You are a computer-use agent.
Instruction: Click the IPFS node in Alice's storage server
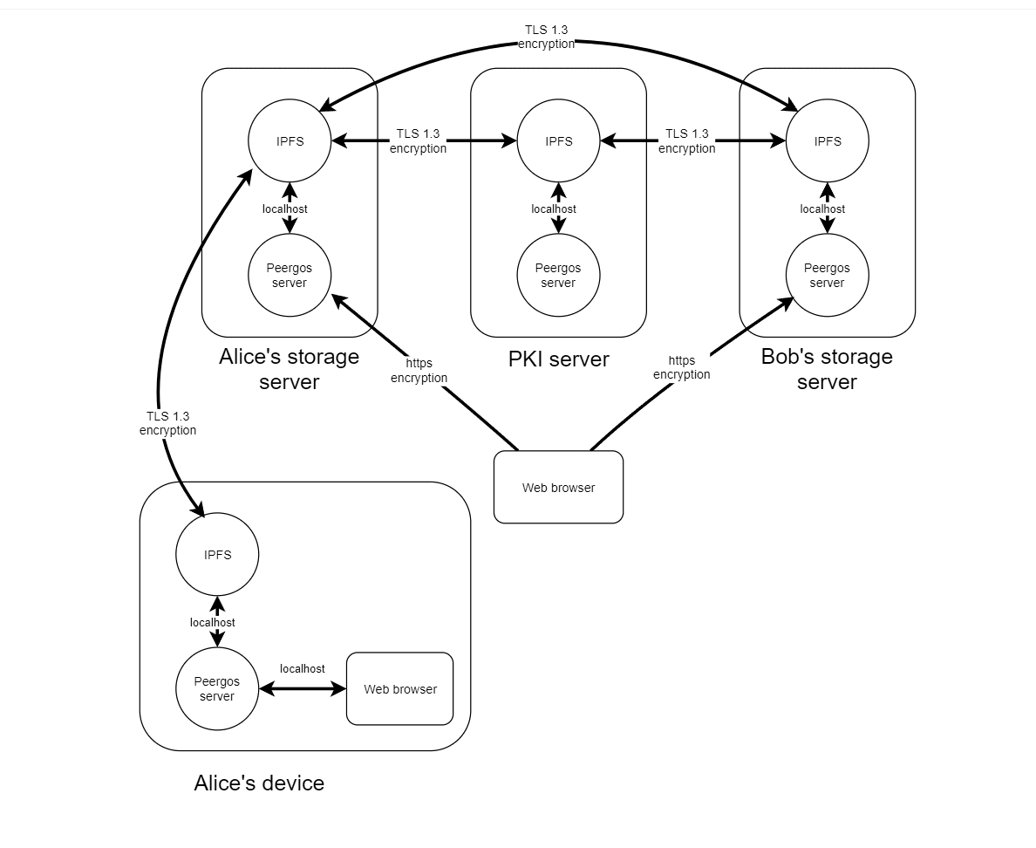pyautogui.click(x=290, y=141)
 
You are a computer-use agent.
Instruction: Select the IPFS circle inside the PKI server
pyautogui.click(x=558, y=141)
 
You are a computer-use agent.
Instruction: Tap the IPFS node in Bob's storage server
pyautogui.click(x=827, y=141)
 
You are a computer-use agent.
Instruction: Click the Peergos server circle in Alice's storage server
pyautogui.click(x=290, y=276)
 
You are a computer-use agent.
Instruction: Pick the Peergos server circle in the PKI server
pyautogui.click(x=558, y=276)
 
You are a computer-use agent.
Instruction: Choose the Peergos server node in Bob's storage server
pyautogui.click(x=827, y=276)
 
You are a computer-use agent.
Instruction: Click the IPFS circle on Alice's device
pyautogui.click(x=217, y=555)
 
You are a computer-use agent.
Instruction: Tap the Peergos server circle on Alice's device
pyautogui.click(x=217, y=689)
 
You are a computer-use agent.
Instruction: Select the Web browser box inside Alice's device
pyautogui.click(x=400, y=689)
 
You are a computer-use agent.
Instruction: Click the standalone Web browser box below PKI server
pyautogui.click(x=558, y=488)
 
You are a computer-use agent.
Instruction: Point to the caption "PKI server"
pyautogui.click(x=558, y=359)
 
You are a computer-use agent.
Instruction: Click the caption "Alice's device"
pyautogui.click(x=259, y=783)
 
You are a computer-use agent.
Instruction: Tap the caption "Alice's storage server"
pyautogui.click(x=290, y=369)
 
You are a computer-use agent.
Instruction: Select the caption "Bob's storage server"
pyautogui.click(x=827, y=369)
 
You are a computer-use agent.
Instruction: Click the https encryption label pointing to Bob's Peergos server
pyautogui.click(x=682, y=367)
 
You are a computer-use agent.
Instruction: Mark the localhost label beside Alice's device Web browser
pyautogui.click(x=303, y=669)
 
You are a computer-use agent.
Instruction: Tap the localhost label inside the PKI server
pyautogui.click(x=554, y=209)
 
